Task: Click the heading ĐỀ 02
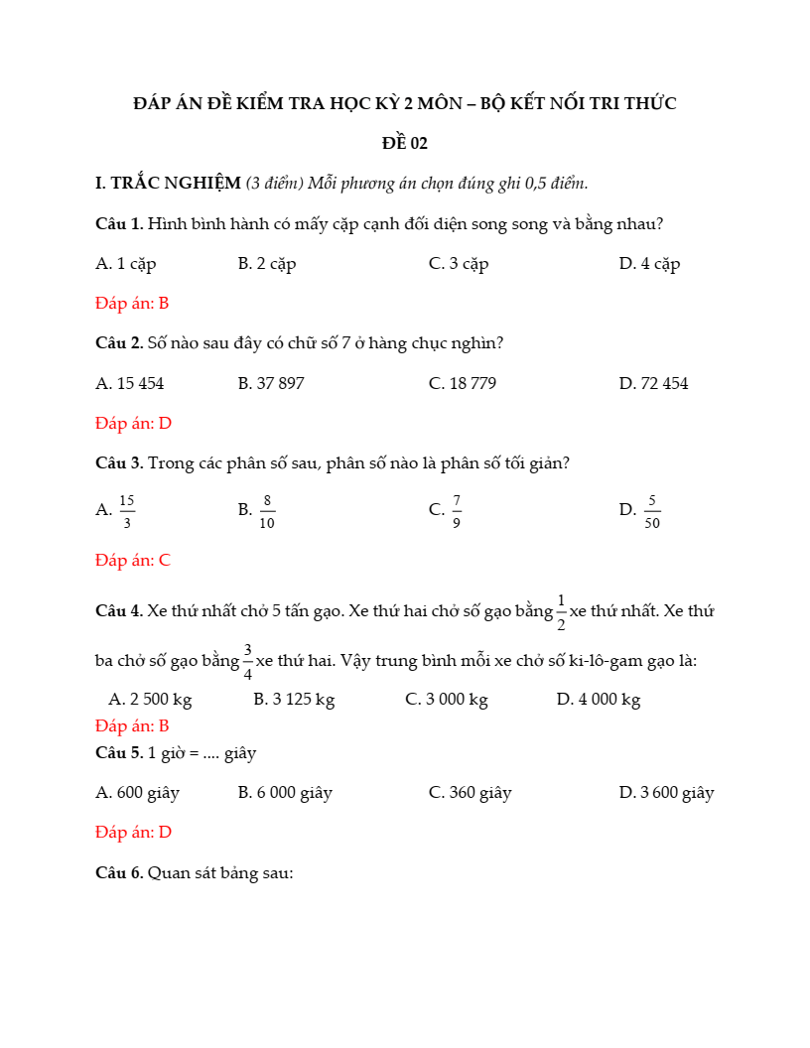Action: click(x=405, y=143)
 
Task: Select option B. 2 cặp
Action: click(x=267, y=264)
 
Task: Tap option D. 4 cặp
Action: click(x=649, y=264)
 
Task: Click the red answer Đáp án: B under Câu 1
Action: click(x=132, y=304)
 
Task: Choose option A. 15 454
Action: click(x=130, y=383)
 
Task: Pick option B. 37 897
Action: click(x=271, y=383)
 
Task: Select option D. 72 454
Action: click(x=653, y=383)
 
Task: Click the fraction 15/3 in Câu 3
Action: click(x=127, y=511)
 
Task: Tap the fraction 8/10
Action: click(x=267, y=511)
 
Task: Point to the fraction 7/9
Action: click(x=456, y=511)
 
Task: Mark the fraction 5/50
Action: click(x=652, y=511)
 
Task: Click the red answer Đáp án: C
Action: click(x=133, y=561)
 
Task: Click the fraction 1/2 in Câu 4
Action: click(x=561, y=612)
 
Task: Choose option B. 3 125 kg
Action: click(x=294, y=700)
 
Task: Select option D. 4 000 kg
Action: click(x=598, y=700)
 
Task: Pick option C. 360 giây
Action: click(x=470, y=793)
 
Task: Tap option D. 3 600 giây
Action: click(x=666, y=793)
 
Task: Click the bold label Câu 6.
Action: click(x=119, y=873)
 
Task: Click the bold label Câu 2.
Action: click(x=119, y=343)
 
